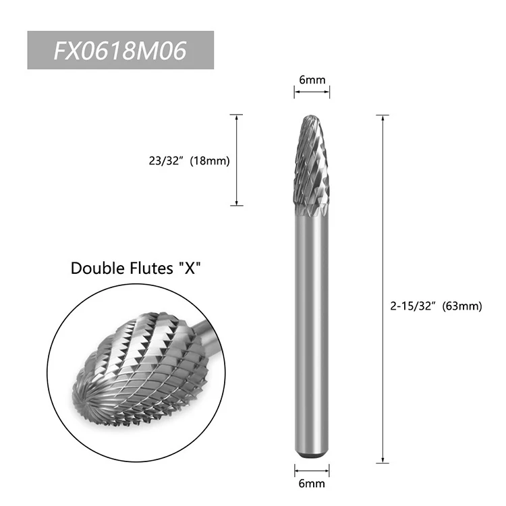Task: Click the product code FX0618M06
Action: pyautogui.click(x=120, y=51)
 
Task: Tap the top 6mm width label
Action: pyautogui.click(x=312, y=80)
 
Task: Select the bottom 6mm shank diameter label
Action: pyautogui.click(x=312, y=483)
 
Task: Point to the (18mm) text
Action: pyautogui.click(x=210, y=161)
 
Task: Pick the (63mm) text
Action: pyautogui.click(x=462, y=306)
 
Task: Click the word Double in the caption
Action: pyautogui.click(x=97, y=268)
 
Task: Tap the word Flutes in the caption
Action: pyautogui.click(x=151, y=268)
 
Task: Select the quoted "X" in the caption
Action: pyautogui.click(x=190, y=268)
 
